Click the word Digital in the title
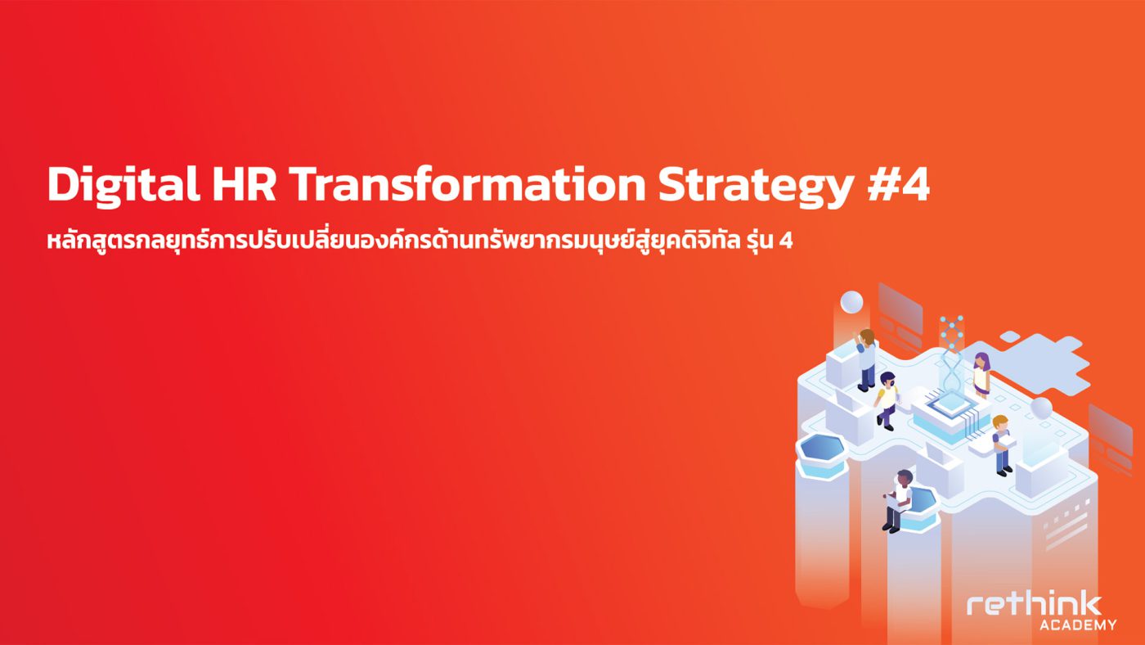tap(123, 185)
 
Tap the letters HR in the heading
tap(245, 184)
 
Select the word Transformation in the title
tap(468, 184)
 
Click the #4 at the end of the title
tap(899, 184)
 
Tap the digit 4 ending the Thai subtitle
tap(787, 241)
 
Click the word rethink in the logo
tap(1034, 606)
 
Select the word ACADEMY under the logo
tap(1078, 625)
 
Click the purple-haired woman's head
tap(981, 361)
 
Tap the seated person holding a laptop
tap(898, 501)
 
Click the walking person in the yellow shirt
tap(887, 401)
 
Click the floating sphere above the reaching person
tap(851, 302)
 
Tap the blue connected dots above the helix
tap(952, 332)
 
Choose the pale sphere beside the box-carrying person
tap(1041, 408)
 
